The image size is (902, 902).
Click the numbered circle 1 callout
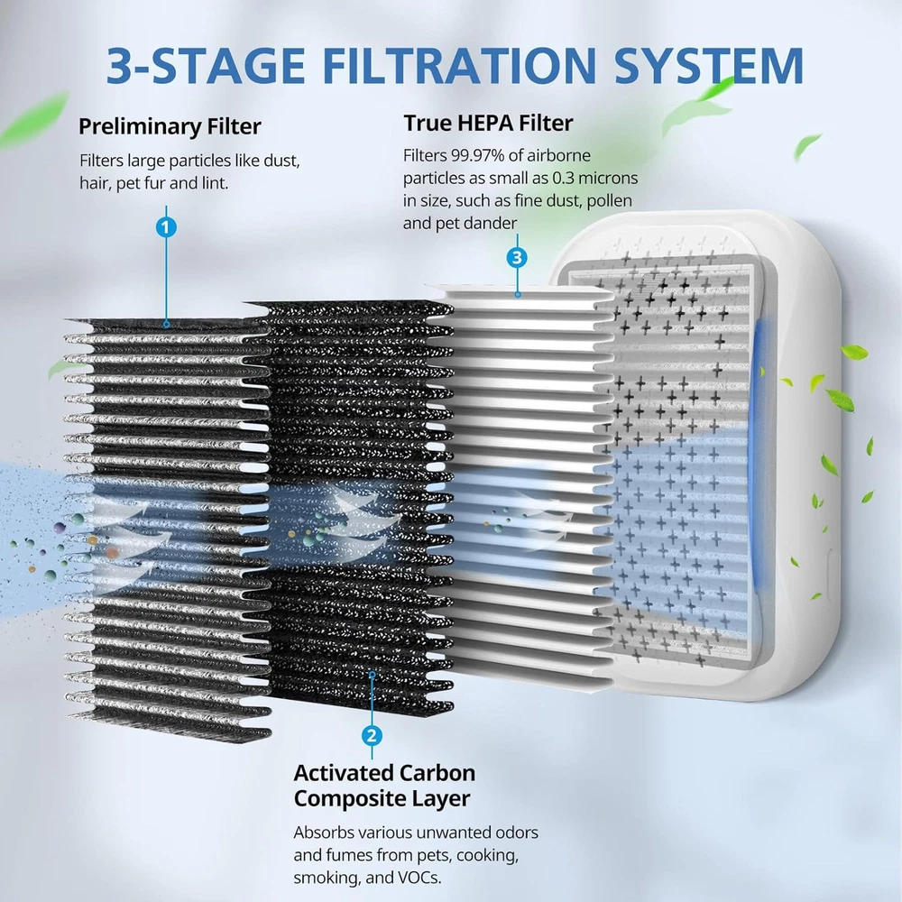tap(166, 227)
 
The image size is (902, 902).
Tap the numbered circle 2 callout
tap(372, 735)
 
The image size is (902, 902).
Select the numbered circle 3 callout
tap(517, 257)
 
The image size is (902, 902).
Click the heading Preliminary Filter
tap(170, 126)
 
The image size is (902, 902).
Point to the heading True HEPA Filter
tap(488, 123)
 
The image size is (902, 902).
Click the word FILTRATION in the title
tap(459, 66)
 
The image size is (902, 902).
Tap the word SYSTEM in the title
tap(709, 66)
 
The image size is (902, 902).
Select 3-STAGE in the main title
tap(206, 66)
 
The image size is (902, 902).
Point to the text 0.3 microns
tap(594, 178)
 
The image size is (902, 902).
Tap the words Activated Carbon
tap(384, 773)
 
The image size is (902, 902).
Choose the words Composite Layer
tap(382, 798)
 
